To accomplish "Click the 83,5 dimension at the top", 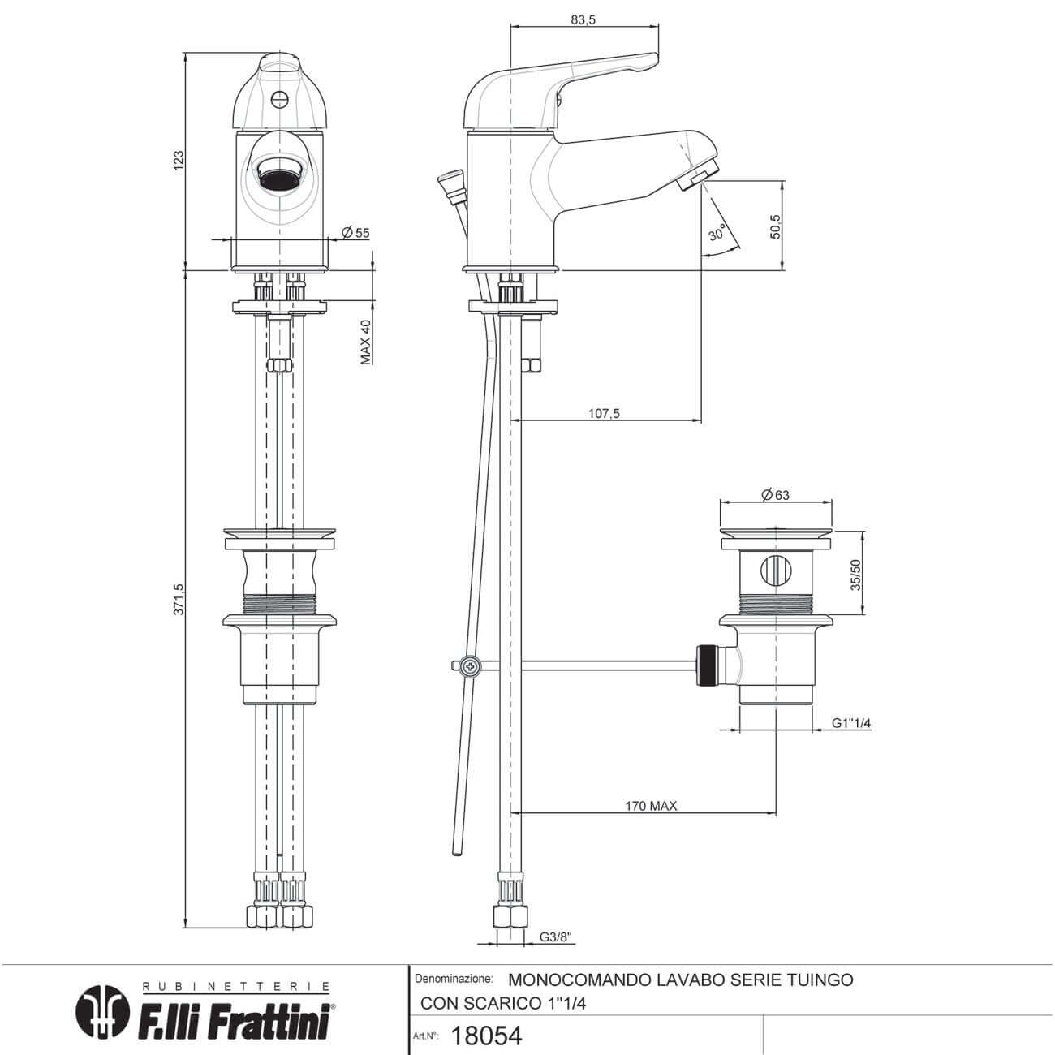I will click(583, 20).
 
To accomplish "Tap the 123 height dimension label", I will click(179, 159).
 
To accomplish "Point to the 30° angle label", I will click(717, 234).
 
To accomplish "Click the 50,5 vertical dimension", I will click(774, 226).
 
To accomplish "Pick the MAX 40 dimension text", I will click(366, 341).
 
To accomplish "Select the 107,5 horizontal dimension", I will click(604, 413).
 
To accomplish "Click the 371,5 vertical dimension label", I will click(179, 598).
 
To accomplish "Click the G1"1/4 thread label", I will click(851, 724).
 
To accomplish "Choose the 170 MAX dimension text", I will click(651, 806).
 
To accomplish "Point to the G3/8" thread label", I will click(557, 937).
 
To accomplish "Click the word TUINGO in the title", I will click(820, 980).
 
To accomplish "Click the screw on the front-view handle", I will click(279, 100).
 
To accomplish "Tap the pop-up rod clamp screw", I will click(469, 666).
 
